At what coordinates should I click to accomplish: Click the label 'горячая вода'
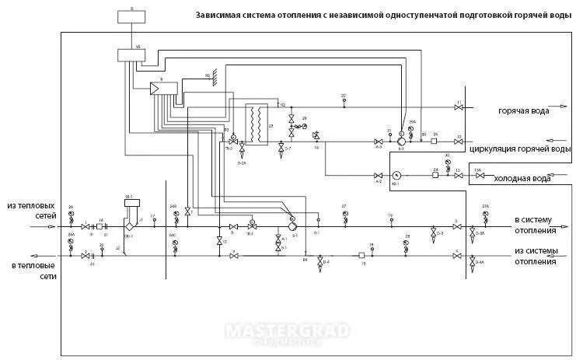524,111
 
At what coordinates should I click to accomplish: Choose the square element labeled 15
362,254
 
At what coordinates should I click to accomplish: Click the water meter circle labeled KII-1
396,175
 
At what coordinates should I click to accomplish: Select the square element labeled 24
436,175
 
